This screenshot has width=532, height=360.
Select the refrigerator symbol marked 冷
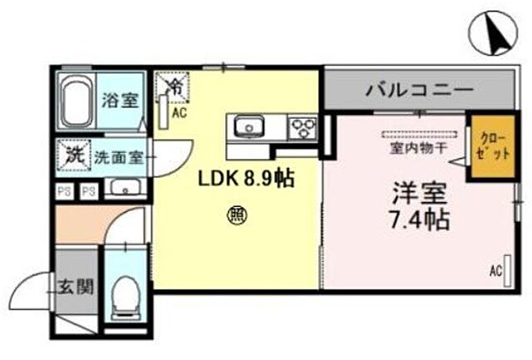click(175, 85)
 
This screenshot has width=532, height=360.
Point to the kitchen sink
click(247, 127)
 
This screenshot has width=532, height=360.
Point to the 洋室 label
click(421, 195)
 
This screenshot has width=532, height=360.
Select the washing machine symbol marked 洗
click(74, 155)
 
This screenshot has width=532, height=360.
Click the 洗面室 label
click(114, 155)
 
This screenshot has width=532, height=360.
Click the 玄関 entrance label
click(75, 288)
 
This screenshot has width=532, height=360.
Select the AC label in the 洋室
click(495, 271)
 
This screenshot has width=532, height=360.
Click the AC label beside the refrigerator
click(177, 108)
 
